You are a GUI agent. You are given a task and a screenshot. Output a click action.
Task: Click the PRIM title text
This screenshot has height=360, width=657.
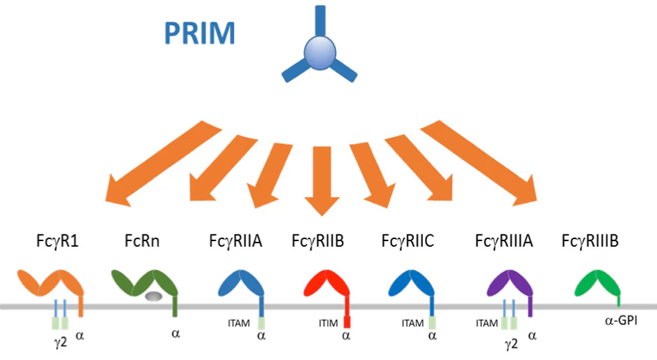click(199, 33)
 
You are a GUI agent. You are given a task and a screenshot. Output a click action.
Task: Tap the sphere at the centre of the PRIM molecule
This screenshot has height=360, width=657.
click(319, 55)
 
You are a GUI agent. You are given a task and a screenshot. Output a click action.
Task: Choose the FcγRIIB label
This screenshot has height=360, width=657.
click(319, 242)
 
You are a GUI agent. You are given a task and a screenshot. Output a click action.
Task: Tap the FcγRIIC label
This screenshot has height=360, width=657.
click(407, 242)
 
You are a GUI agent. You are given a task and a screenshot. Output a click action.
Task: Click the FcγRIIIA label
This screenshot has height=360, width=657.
click(503, 242)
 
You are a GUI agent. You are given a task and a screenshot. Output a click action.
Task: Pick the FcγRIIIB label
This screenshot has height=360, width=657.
click(591, 242)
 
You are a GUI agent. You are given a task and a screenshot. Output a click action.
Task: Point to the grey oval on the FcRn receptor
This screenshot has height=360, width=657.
click(154, 296)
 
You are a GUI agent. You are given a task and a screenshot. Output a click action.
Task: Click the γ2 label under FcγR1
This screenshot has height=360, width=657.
click(59, 343)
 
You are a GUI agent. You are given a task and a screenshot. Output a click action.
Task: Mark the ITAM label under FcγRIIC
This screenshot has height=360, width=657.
click(412, 323)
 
